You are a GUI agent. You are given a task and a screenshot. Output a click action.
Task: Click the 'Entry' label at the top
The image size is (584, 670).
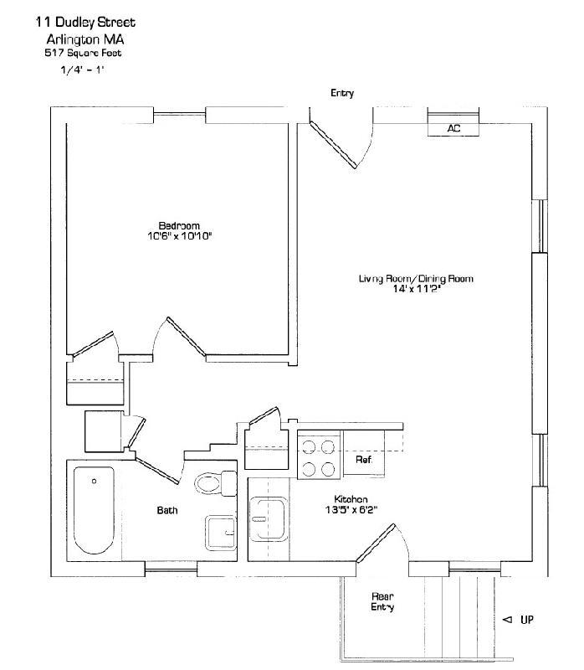[341, 93]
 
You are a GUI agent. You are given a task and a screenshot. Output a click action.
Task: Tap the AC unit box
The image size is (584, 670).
[453, 128]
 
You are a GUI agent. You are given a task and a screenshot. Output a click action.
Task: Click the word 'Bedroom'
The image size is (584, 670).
[179, 225]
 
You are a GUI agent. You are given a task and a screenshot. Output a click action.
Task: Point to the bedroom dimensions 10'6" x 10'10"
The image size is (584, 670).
[179, 236]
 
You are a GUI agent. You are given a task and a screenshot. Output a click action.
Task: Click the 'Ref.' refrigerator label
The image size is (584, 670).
[363, 460]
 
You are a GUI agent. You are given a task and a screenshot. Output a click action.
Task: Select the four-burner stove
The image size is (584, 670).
[319, 457]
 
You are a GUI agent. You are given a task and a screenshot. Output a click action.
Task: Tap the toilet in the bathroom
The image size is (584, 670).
[214, 483]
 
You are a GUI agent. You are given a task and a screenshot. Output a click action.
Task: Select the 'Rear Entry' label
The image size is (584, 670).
[382, 601]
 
